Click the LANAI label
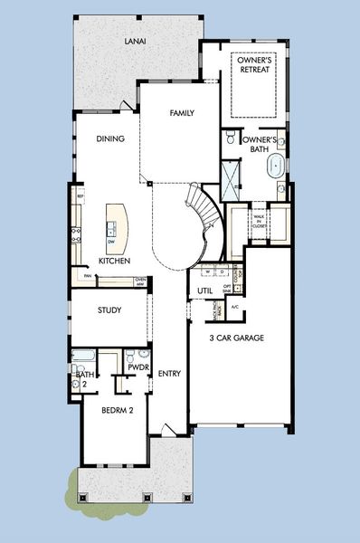pos(135,42)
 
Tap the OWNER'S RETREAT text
pos(257,67)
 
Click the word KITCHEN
pos(115,261)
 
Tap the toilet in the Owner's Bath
pos(232,138)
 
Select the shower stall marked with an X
pos(232,171)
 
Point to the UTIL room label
pos(205,291)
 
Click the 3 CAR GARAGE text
pos(238,339)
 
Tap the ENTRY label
pos(168,373)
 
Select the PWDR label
pos(137,367)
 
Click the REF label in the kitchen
pos(80,196)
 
